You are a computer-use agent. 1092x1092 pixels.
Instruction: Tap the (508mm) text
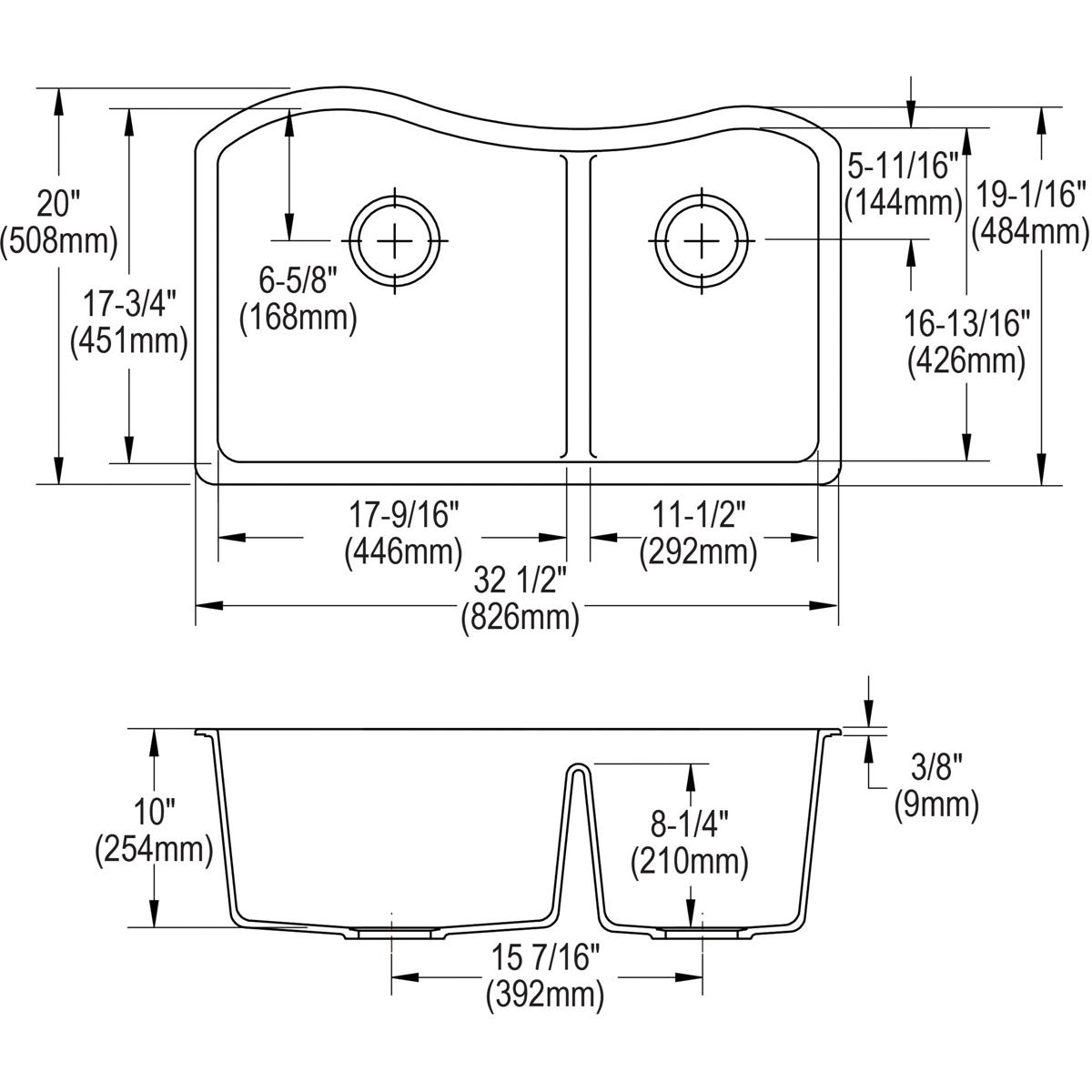pos(59,242)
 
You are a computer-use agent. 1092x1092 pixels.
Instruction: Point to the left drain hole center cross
pos(396,240)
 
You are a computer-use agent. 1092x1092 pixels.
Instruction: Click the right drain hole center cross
pos(702,240)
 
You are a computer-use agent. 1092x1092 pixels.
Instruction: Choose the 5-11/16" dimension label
pos(903,167)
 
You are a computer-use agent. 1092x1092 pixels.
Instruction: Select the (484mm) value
pos(1030,232)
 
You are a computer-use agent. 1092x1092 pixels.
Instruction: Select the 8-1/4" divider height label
pos(690,825)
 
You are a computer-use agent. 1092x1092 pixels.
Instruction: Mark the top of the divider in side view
pos(577,767)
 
